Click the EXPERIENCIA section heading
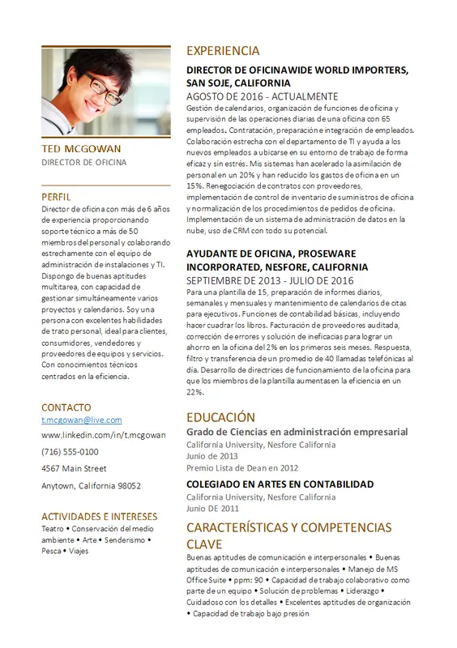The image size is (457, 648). tap(223, 50)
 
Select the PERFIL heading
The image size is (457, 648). tap(56, 196)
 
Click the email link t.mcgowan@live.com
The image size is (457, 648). tap(81, 420)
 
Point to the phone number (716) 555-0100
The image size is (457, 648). tap(70, 451)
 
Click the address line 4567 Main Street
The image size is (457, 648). tap(74, 468)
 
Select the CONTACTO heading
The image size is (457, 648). tap(66, 407)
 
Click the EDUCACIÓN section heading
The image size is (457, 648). tap(220, 417)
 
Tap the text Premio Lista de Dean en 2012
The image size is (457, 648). tap(242, 467)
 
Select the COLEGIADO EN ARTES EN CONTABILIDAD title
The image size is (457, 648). tap(280, 484)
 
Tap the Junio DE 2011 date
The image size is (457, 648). tap(212, 508)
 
